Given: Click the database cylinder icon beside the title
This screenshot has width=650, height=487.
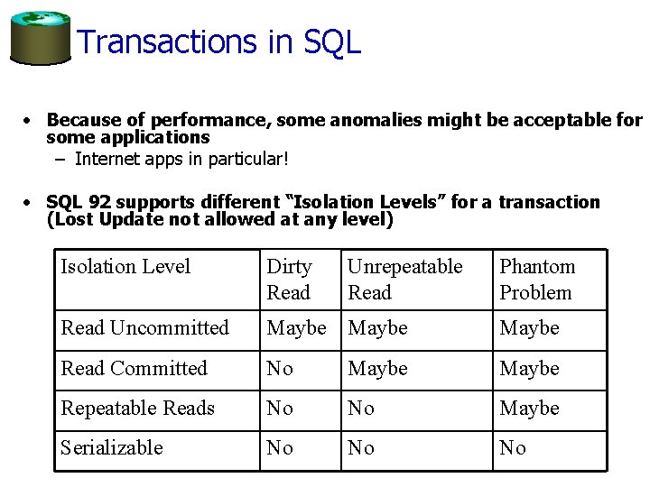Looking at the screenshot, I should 39,37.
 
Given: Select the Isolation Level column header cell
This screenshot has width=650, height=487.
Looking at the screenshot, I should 125,267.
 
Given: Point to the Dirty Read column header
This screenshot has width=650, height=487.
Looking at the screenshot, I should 289,280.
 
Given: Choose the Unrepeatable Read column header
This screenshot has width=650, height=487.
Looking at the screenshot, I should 404,280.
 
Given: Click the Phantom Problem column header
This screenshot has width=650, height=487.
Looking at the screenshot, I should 536,280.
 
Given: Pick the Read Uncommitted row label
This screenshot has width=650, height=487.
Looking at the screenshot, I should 144,328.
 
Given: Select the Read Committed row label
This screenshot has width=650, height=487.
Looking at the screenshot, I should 134,368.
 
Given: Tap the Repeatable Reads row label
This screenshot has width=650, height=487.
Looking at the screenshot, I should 137,408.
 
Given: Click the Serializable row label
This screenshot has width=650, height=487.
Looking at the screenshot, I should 112,447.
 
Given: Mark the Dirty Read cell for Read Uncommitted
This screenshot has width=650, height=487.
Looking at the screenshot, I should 296,328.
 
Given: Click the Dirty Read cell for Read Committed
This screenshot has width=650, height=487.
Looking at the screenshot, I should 280,368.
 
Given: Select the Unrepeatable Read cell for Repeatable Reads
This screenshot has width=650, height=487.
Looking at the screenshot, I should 361,408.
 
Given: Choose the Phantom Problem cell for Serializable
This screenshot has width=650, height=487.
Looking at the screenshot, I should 513,447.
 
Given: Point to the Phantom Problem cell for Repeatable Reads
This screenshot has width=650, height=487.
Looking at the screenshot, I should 529,408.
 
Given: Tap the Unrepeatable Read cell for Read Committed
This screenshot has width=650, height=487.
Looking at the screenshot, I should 377,368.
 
